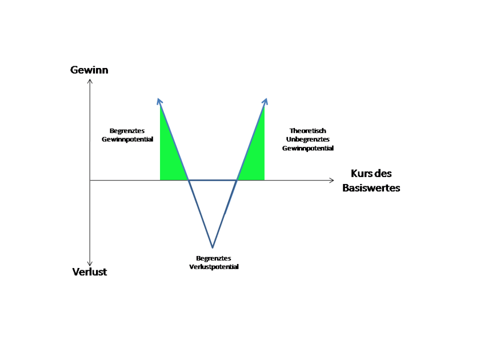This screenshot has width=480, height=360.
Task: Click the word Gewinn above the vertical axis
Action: point(89,70)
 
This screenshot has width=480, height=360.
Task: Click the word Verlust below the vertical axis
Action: point(90,272)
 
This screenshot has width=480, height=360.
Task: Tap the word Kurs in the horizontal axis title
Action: point(361,174)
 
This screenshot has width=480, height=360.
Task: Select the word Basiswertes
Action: point(371,187)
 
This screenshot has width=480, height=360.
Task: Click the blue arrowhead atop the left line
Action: point(159,101)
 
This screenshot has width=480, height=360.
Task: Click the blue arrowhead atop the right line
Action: point(265,101)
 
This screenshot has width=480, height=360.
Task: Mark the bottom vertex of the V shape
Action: point(213,247)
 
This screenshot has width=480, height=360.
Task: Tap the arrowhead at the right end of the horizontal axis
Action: point(331,181)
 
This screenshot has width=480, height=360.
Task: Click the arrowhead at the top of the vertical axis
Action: point(90,81)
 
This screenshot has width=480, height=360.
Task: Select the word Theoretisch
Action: point(308,131)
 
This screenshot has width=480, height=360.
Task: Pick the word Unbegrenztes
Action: point(308,139)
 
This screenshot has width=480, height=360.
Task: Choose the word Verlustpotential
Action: point(214,267)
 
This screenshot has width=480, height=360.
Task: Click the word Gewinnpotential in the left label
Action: point(127,139)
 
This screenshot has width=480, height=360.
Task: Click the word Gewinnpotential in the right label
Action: point(308,148)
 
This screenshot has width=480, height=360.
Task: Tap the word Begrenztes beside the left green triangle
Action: point(127,131)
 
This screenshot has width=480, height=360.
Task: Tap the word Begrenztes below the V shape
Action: point(213,258)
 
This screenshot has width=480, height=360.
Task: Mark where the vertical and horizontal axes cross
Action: point(90,181)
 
